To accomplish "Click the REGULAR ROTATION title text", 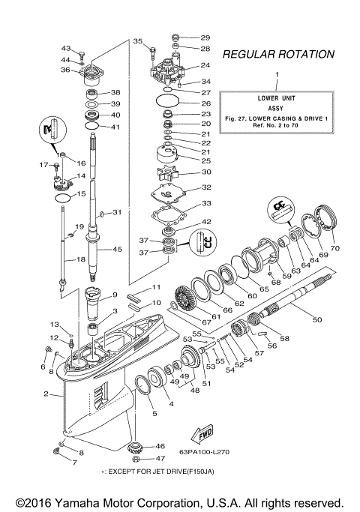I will [277, 54].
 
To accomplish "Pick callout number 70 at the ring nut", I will [335, 247].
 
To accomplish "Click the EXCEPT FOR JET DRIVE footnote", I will [171, 474].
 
